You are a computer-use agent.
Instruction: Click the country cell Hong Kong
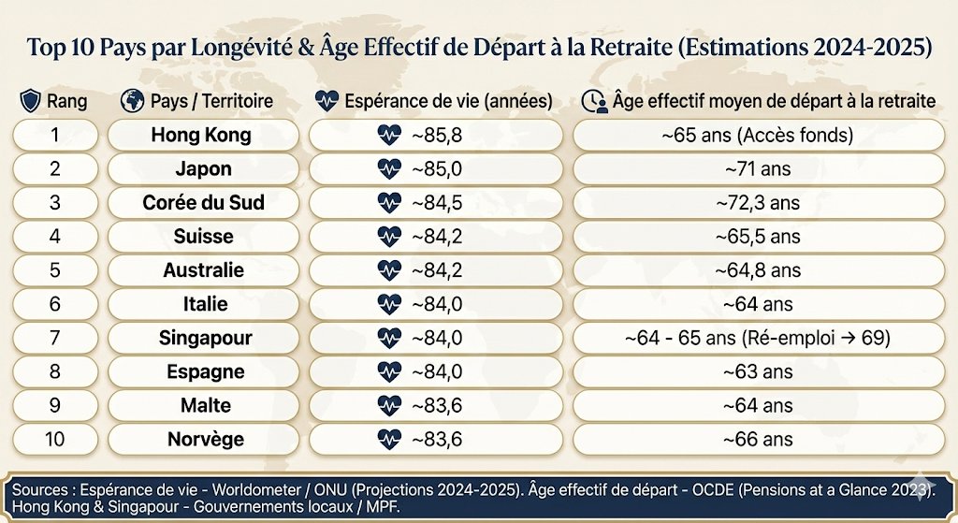click(201, 135)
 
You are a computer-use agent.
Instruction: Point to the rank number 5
click(54, 270)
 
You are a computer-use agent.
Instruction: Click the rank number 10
click(54, 439)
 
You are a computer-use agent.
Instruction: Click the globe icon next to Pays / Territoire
click(132, 100)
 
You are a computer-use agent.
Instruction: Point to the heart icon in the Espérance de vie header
click(327, 100)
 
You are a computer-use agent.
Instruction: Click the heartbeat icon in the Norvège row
click(388, 439)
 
